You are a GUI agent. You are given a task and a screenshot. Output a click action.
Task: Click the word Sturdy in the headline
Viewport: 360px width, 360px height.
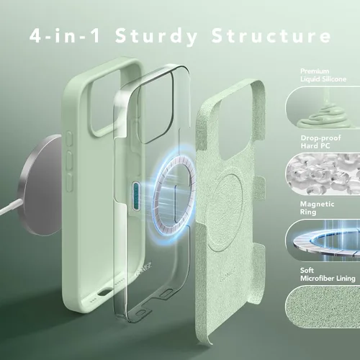pyautogui.click(x=156, y=36)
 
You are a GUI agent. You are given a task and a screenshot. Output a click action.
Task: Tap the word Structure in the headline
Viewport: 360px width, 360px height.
pyautogui.click(x=271, y=35)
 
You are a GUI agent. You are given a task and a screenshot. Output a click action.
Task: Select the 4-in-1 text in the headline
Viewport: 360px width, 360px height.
pyautogui.click(x=65, y=35)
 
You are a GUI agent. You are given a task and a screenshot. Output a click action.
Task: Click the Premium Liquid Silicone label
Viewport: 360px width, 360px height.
pyautogui.click(x=323, y=75)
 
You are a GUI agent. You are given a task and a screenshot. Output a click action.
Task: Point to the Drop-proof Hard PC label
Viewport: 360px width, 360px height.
pyautogui.click(x=320, y=142)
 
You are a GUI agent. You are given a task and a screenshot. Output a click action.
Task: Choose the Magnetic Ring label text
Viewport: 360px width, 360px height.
pyautogui.click(x=317, y=208)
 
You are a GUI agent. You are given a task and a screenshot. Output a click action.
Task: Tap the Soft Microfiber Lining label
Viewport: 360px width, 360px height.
pyautogui.click(x=328, y=274)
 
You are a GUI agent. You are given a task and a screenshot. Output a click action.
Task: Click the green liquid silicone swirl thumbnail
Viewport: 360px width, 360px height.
pyautogui.click(x=323, y=107)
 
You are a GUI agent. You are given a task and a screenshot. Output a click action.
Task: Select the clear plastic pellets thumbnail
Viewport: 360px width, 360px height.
pyautogui.click(x=323, y=174)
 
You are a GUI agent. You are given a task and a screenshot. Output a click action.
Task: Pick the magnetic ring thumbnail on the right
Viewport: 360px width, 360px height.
pyautogui.click(x=323, y=240)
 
